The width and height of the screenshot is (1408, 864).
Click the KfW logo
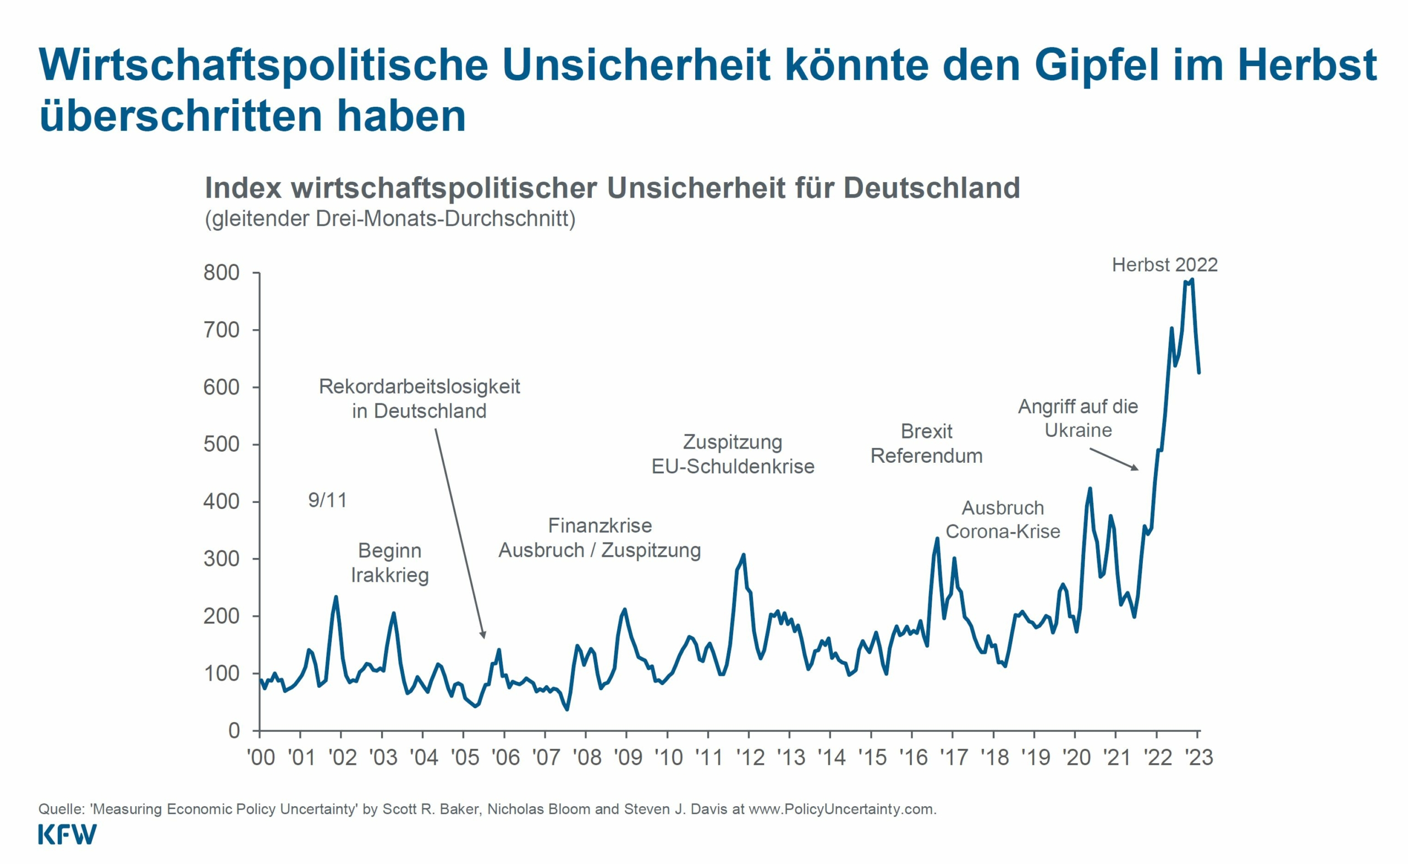pos(67,834)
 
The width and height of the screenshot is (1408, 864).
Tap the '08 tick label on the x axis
pos(587,757)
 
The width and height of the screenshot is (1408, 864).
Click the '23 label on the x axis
pos(1199,757)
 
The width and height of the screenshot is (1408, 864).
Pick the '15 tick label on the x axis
pos(872,757)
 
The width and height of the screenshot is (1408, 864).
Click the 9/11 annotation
pos(327,500)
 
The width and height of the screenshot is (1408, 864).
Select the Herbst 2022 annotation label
pos(1164,265)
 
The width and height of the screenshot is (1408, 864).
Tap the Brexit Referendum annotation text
pos(926,444)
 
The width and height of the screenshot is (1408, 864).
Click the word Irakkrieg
pos(390,575)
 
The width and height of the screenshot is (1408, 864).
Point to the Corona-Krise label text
pos(1003,532)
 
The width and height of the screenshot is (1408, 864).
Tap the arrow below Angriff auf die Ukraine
pos(1114,459)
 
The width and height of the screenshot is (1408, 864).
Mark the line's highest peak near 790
pos(1191,280)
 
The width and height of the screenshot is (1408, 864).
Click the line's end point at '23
pos(1199,373)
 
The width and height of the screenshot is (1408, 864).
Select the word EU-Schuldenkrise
pos(733,467)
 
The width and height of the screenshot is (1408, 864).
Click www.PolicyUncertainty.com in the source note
pos(842,809)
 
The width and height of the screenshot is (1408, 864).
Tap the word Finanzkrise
pos(600,526)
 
